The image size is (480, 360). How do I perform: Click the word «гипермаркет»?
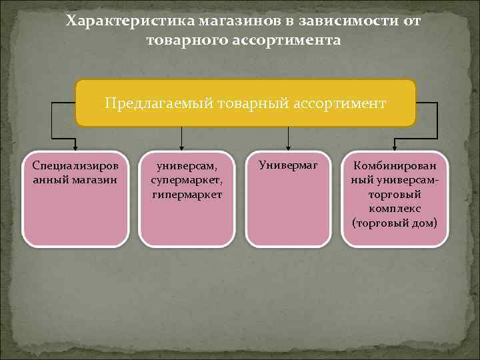click(x=186, y=194)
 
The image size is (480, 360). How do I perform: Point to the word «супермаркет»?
click(x=186, y=179)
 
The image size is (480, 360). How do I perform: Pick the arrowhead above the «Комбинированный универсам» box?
click(x=394, y=148)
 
